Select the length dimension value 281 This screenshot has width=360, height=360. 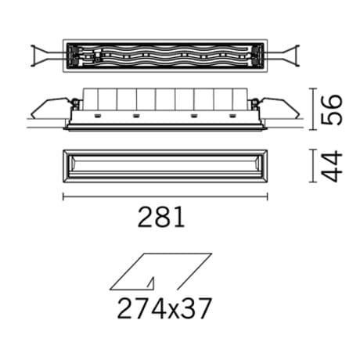tap(162, 217)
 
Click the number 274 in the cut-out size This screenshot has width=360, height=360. tap(140, 309)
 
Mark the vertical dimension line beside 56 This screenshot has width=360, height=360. tap(312, 109)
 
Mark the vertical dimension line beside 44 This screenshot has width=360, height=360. tap(312, 167)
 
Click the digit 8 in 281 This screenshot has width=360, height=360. tap(163, 217)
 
